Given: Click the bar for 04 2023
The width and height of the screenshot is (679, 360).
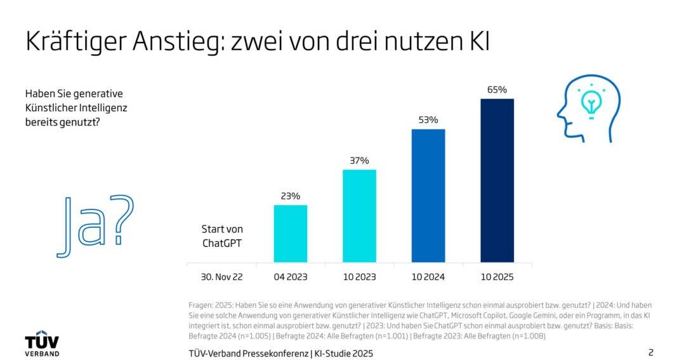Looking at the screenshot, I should [x=291, y=233].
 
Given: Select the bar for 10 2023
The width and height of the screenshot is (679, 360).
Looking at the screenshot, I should [x=359, y=216].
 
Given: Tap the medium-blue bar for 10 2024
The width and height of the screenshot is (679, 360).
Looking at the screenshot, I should [x=428, y=196].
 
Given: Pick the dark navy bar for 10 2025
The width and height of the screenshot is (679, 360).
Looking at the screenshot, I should [x=497, y=180].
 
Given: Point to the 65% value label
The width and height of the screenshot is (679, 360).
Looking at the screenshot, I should [x=497, y=90].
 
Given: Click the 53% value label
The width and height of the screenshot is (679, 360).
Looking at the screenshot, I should [x=428, y=120].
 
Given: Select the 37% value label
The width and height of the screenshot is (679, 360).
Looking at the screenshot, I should [x=359, y=161].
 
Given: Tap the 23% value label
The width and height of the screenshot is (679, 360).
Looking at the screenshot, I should [x=291, y=196].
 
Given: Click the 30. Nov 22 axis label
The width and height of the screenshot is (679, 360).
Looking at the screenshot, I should [x=222, y=277].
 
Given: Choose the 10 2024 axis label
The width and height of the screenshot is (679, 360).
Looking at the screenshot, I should [x=428, y=277].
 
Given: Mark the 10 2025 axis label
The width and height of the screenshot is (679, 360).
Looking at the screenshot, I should [x=497, y=277].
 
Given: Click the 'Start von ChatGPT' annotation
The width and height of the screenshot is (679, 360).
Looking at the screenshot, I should [x=222, y=236].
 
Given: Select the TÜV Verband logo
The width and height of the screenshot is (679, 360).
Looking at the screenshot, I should [x=42, y=343].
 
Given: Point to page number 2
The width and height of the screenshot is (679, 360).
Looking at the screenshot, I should [x=650, y=352].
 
